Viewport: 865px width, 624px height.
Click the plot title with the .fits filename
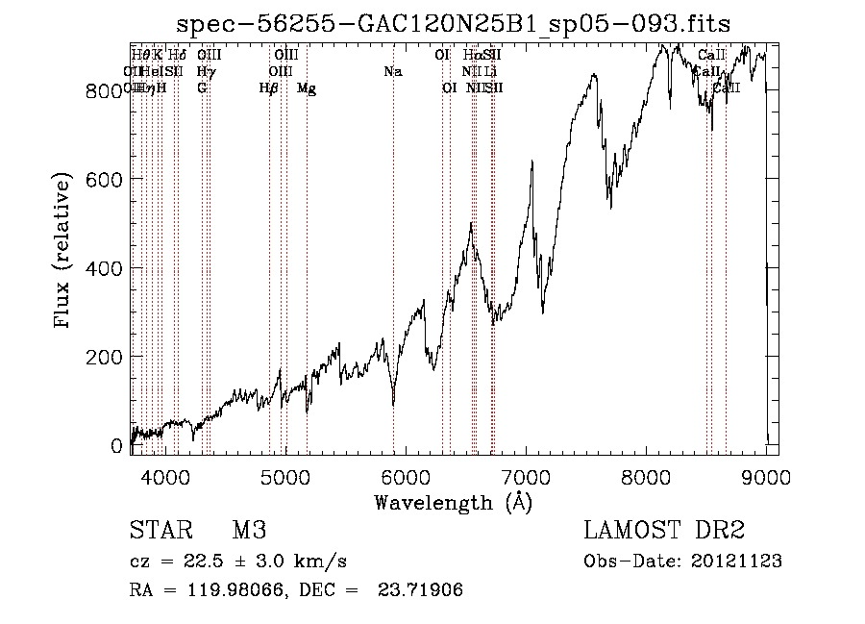[x=455, y=25]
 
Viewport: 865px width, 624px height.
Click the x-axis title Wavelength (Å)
[x=453, y=502]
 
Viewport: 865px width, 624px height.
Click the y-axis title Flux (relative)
[x=63, y=252]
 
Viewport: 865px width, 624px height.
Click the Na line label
[x=392, y=71]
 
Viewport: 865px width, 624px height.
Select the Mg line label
[x=306, y=88]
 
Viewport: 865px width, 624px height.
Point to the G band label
[x=202, y=87]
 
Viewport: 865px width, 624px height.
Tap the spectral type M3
[x=249, y=531]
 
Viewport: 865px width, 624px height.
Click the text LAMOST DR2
[x=664, y=531]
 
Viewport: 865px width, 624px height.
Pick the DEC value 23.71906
[x=423, y=589]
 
